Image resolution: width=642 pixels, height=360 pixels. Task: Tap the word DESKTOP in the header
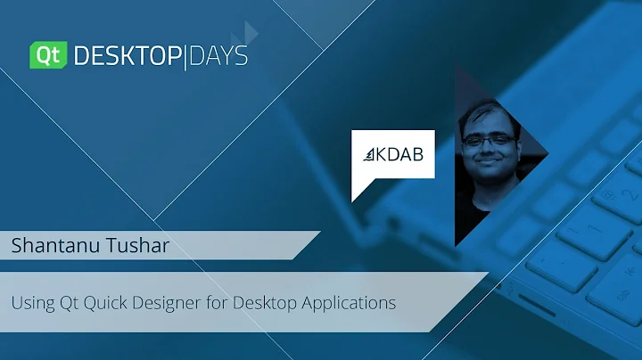click(x=127, y=56)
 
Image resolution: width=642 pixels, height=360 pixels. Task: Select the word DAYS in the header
click(x=218, y=56)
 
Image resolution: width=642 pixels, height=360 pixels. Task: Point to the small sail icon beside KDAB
click(x=368, y=156)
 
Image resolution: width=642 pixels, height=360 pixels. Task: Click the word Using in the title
click(x=31, y=302)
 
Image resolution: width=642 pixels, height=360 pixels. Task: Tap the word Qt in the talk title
click(x=70, y=302)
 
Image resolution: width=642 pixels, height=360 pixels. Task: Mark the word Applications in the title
click(x=348, y=303)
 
